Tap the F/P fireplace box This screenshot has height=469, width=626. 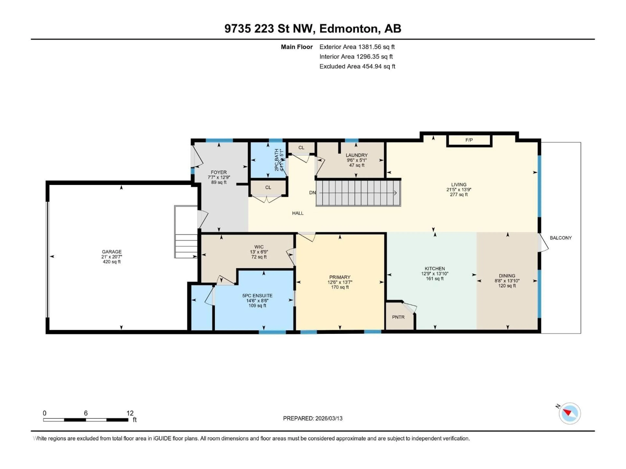(469, 140)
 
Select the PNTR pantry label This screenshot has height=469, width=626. (398, 317)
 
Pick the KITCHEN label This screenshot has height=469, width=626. (435, 269)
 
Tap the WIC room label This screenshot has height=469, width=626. (259, 247)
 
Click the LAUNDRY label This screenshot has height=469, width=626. (356, 155)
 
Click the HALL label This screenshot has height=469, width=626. (298, 213)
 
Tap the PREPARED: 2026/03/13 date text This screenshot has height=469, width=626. (313, 418)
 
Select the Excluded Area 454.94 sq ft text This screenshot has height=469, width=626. (357, 66)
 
